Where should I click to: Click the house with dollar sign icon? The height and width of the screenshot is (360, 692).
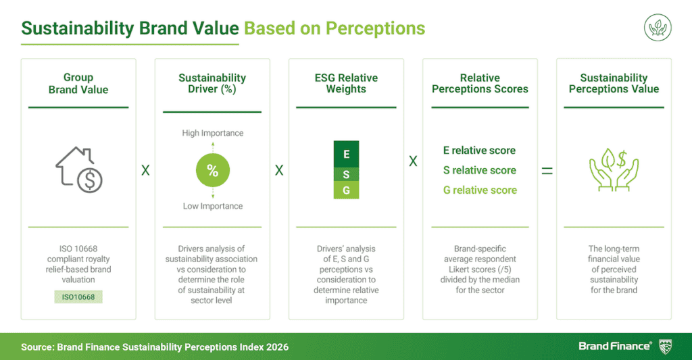[78, 170]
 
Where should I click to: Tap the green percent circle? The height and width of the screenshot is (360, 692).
[212, 171]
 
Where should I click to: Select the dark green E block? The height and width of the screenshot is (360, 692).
[346, 154]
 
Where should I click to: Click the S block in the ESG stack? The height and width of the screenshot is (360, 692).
[346, 174]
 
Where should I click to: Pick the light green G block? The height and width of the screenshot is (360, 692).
[346, 190]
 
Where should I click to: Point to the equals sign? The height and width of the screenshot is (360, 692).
[547, 171]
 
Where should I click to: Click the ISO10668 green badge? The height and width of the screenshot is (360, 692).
[78, 296]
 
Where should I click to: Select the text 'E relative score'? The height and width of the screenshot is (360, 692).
[479, 151]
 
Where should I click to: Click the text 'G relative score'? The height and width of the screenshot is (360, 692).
[479, 190]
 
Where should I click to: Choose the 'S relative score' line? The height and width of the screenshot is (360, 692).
[479, 170]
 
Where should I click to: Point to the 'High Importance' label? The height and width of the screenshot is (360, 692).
[212, 133]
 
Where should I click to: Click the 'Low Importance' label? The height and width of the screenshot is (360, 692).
[212, 206]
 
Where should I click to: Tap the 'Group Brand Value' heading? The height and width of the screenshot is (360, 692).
[78, 83]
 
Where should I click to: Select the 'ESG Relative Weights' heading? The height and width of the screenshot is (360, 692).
[346, 83]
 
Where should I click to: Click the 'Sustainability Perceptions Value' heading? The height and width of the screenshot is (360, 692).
[614, 83]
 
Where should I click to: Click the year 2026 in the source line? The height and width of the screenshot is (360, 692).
[276, 346]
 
